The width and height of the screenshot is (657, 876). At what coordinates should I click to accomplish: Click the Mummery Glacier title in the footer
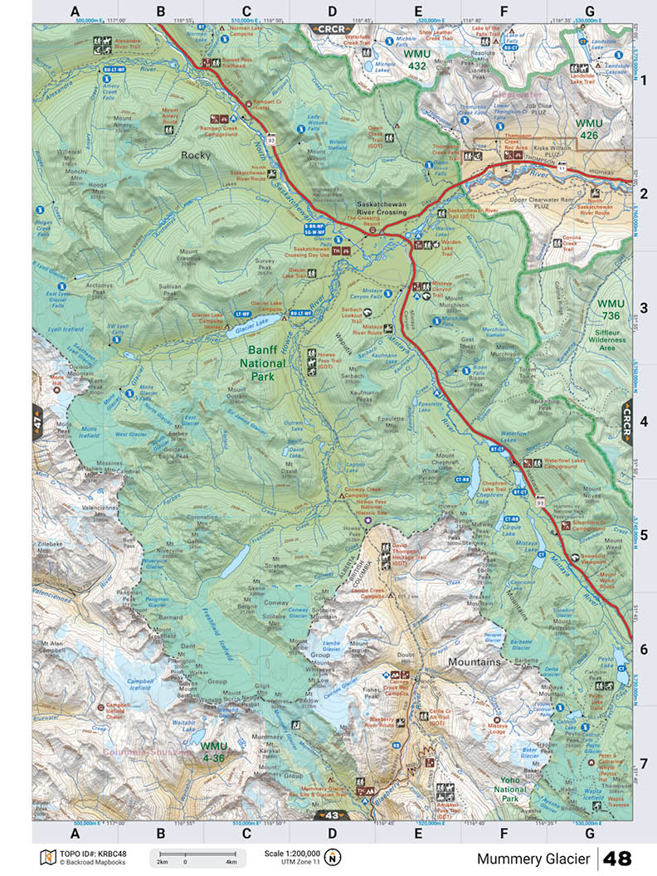pos(533,859)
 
